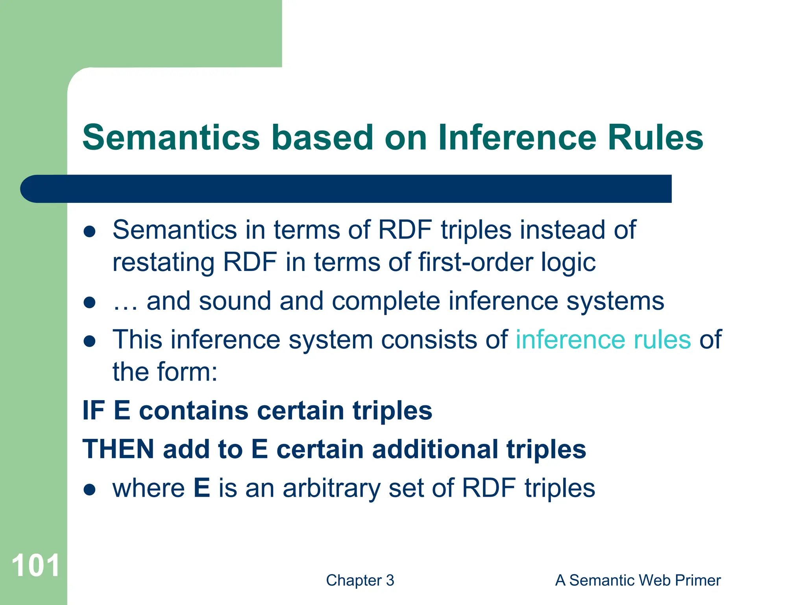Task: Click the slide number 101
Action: [x=35, y=566]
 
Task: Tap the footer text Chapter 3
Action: [x=360, y=581]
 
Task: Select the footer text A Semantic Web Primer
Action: [x=638, y=581]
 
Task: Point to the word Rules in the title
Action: [x=655, y=137]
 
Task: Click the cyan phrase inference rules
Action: [x=603, y=340]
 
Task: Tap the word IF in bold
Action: [x=93, y=410]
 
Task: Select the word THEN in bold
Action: [x=118, y=449]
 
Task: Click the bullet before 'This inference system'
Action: [x=90, y=341]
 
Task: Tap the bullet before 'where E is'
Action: [x=90, y=490]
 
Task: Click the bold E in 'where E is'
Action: [x=201, y=488]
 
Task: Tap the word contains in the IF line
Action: [x=194, y=410]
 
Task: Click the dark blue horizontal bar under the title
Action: [x=346, y=189]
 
